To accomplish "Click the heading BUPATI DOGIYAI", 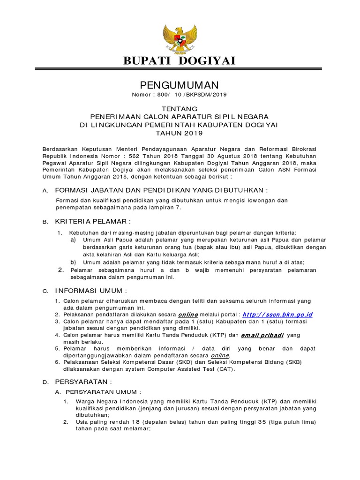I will coord(180,60).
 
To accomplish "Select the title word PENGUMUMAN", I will coord(180,85).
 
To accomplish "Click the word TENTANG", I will coord(180,108).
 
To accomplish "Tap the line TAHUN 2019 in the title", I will coord(180,133).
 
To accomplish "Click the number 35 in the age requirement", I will coord(263,422).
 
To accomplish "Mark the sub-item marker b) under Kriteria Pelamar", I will coord(74,262).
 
